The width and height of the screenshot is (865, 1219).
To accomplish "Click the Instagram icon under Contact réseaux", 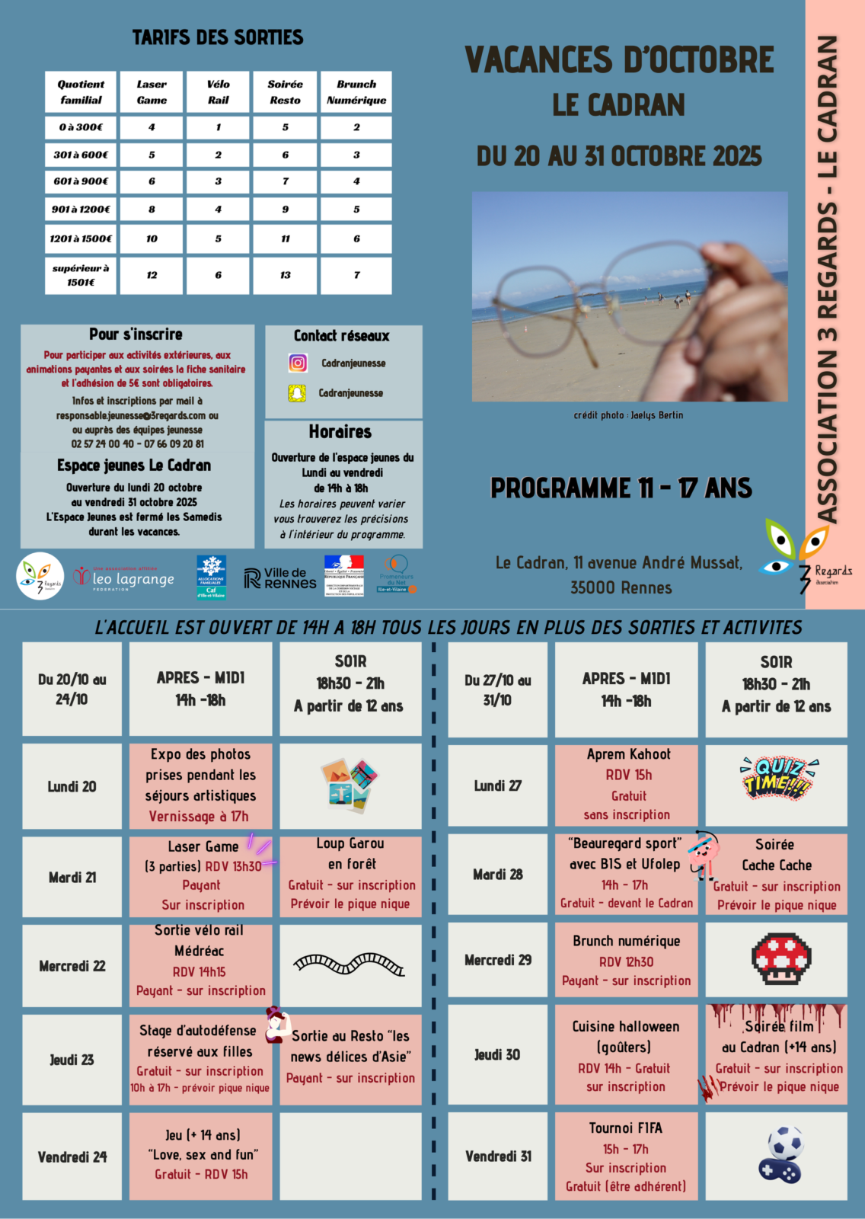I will pyautogui.click(x=298, y=363).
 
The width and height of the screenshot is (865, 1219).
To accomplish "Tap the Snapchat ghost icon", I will pyautogui.click(x=297, y=393).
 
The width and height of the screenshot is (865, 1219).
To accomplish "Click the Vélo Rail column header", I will pyautogui.click(x=219, y=92).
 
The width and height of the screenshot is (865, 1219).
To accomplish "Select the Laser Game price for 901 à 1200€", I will pyautogui.click(x=152, y=209).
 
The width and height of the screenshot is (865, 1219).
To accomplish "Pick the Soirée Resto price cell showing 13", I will pyautogui.click(x=285, y=275).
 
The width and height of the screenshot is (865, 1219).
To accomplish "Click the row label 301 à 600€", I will pyautogui.click(x=81, y=155).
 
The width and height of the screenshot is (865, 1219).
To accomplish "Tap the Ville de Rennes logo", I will pyautogui.click(x=280, y=578).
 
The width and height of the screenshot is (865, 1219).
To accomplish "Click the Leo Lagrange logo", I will pyautogui.click(x=125, y=578).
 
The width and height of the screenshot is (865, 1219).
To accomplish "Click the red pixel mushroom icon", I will pyautogui.click(x=776, y=959).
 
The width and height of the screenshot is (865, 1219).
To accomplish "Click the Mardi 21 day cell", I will pyautogui.click(x=72, y=878).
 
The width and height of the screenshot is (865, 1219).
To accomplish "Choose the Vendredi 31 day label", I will pyautogui.click(x=497, y=1157).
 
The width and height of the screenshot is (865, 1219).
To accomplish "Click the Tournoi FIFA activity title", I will pyautogui.click(x=626, y=1128).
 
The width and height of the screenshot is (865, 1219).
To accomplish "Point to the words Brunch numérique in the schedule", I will pyautogui.click(x=626, y=941).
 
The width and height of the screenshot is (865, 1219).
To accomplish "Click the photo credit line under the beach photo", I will pyautogui.click(x=628, y=415).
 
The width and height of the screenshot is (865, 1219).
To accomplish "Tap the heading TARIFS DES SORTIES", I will pyautogui.click(x=218, y=37).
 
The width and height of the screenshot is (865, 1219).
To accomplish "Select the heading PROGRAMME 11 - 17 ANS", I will pyautogui.click(x=621, y=488).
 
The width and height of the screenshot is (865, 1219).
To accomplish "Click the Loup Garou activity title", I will pyautogui.click(x=350, y=843).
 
